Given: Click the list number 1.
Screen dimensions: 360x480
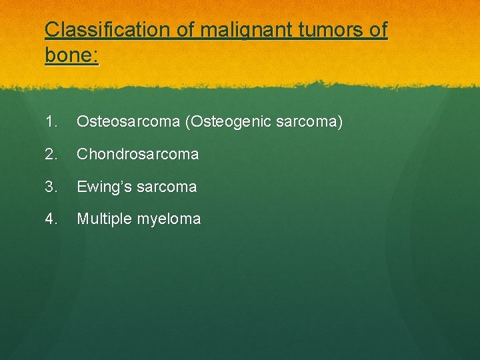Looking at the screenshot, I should click(52, 122).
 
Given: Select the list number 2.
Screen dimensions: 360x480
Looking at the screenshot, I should click(52, 154).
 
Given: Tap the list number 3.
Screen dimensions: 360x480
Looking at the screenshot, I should click(52, 187).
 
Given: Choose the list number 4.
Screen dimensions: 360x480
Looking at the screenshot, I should click(52, 219).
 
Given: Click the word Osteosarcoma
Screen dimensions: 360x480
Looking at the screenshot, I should click(128, 122).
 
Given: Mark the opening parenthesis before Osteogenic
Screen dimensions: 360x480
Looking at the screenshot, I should click(187, 122).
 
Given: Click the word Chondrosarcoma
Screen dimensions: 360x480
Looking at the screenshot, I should click(137, 154).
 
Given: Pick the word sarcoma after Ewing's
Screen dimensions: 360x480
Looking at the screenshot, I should click(165, 187).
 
